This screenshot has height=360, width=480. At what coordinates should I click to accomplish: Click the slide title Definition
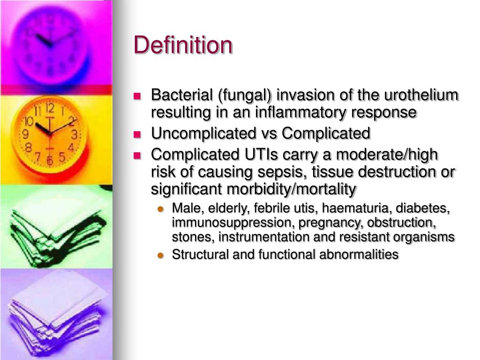coord(183,45)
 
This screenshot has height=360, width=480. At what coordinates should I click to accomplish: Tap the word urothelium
coord(421,95)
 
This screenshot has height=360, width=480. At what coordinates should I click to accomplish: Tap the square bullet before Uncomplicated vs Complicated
coord(137,134)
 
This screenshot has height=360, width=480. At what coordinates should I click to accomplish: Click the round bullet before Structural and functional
coord(161,255)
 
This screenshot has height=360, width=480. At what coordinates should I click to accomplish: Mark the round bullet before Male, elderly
coord(161,209)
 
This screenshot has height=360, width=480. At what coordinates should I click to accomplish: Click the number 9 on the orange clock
coord(26,135)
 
